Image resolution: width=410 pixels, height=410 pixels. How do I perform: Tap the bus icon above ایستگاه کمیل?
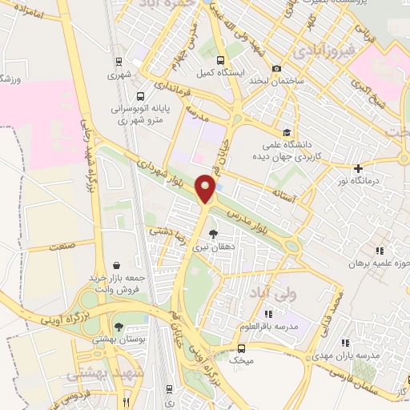tap(221, 59)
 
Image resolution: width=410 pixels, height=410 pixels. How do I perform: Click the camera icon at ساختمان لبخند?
tap(276, 69)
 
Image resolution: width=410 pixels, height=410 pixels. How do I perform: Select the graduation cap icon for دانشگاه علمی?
tap(287, 132)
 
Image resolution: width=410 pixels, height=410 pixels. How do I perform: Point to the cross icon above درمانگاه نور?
tap(358, 168)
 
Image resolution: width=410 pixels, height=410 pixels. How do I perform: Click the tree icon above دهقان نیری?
tap(212, 234)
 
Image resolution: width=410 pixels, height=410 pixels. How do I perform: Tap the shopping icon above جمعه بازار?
tap(118, 265)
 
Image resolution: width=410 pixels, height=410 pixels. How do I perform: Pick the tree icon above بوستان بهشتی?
tap(119, 327)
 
